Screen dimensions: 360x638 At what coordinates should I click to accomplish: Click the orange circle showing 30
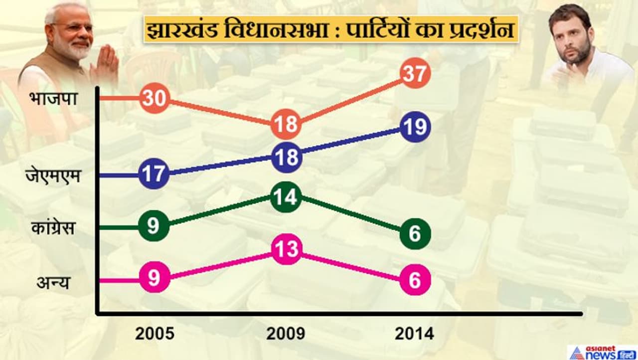(x=155, y=98)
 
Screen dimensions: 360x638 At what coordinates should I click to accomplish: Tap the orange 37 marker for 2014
(x=415, y=74)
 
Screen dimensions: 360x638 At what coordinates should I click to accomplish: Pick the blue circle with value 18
(x=287, y=158)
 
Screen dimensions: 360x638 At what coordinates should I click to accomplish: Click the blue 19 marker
(x=415, y=128)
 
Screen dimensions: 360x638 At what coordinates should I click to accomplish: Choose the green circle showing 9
(x=154, y=226)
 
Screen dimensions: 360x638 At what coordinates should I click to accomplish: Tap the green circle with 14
(x=287, y=197)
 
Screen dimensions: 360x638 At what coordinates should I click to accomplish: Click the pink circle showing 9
(x=154, y=278)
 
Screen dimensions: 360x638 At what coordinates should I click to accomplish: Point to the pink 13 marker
(x=287, y=249)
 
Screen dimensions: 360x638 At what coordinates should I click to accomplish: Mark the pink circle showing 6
(x=415, y=281)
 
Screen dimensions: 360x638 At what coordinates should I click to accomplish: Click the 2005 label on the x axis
(x=155, y=334)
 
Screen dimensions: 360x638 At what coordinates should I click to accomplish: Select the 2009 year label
(x=286, y=334)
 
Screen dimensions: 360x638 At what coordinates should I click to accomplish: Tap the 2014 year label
(x=414, y=334)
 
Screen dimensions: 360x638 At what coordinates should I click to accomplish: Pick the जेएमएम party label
(x=53, y=176)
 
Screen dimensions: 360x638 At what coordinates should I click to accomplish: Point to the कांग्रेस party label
(x=52, y=228)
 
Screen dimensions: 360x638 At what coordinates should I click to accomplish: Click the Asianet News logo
(x=602, y=352)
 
